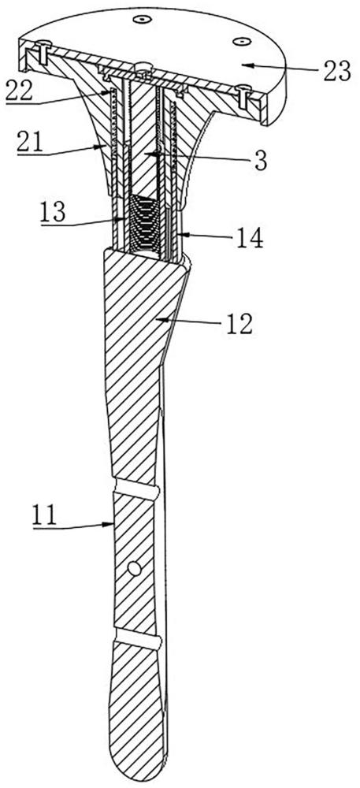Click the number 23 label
click(336, 71)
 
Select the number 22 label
click(19, 91)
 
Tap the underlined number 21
click(29, 143)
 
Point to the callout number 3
click(261, 161)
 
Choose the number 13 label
click(54, 213)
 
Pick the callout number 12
click(239, 325)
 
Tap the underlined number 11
click(45, 515)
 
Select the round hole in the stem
click(134, 568)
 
